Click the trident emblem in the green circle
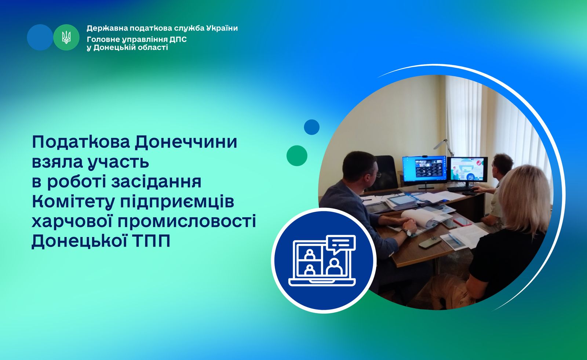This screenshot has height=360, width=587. [x=66, y=37]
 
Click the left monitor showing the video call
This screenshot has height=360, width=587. [x=424, y=170]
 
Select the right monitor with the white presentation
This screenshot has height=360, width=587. [x=467, y=170]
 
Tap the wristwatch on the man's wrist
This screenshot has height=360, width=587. [x=408, y=232]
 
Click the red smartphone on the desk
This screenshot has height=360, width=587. [x=463, y=222]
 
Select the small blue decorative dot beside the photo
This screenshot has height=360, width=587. [x=311, y=127]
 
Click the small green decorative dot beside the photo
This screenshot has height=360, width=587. [x=297, y=156]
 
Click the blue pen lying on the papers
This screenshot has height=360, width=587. [x=454, y=239]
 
